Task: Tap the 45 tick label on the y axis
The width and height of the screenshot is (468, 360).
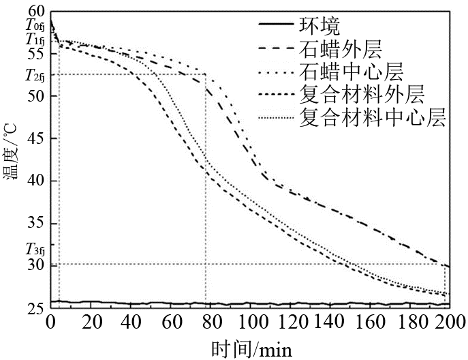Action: click(35, 138)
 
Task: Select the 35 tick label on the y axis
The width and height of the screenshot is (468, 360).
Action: click(35, 223)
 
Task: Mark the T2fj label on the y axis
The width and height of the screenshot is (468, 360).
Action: click(34, 75)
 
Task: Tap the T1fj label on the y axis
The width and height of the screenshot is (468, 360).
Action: click(34, 40)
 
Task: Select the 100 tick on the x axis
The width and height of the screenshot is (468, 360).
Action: click(250, 321)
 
